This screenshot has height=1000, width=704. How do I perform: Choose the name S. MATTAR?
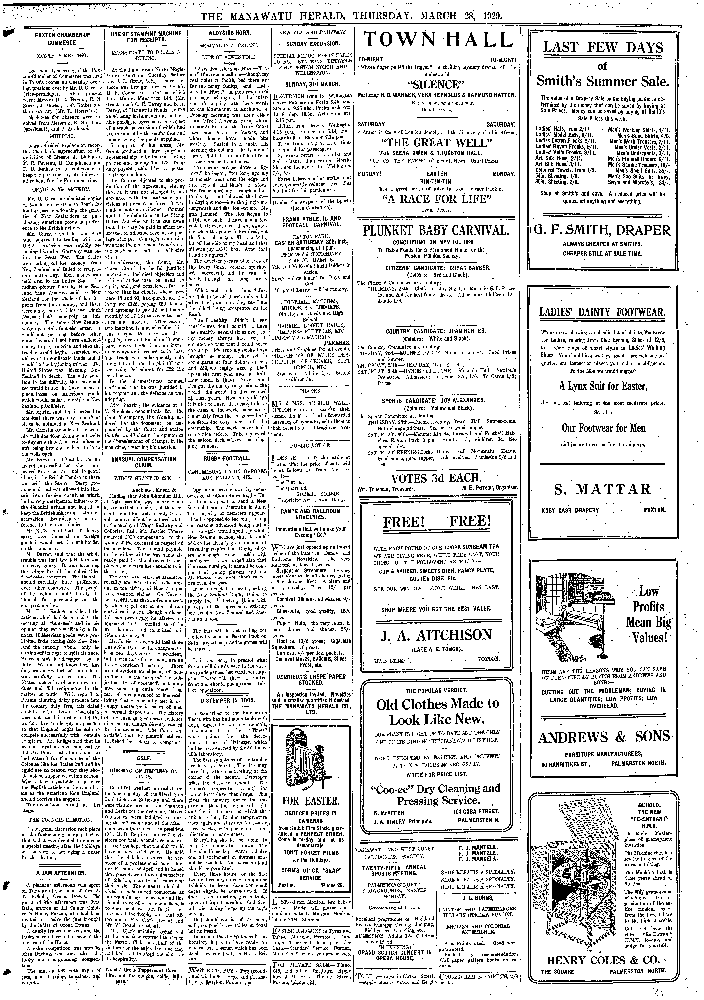602,489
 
